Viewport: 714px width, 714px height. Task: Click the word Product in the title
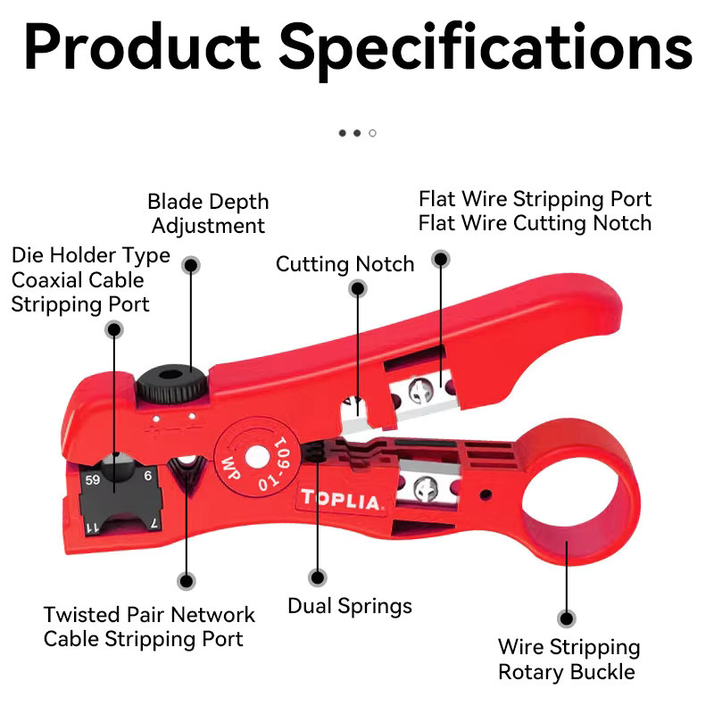pos(143,48)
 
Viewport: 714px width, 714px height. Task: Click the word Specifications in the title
pos(486,51)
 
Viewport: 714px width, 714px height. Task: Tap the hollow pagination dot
pos(372,133)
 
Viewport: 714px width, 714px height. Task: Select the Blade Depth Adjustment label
pos(209,213)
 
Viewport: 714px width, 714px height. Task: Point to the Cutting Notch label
pos(345,264)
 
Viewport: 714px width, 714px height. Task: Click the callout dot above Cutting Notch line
pos(358,288)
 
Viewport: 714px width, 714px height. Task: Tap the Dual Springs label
pos(350,607)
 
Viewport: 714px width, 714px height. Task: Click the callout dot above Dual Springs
pos(318,577)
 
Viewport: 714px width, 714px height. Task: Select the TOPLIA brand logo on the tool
pos(340,500)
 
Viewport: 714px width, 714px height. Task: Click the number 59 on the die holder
pos(93,480)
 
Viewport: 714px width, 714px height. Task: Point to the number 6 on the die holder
pos(148,476)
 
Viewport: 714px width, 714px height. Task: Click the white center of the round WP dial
pos(257,457)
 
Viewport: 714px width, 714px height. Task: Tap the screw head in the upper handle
pos(419,391)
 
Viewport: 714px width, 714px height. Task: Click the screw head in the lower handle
pos(427,489)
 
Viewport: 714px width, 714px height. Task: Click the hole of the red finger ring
pos(570,494)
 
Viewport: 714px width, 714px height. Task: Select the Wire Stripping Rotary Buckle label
pos(569,660)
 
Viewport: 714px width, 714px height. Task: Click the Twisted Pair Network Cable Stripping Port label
pos(149,627)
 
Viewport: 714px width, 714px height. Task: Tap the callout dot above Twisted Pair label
pos(187,581)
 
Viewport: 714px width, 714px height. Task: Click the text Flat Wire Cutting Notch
pos(535,223)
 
